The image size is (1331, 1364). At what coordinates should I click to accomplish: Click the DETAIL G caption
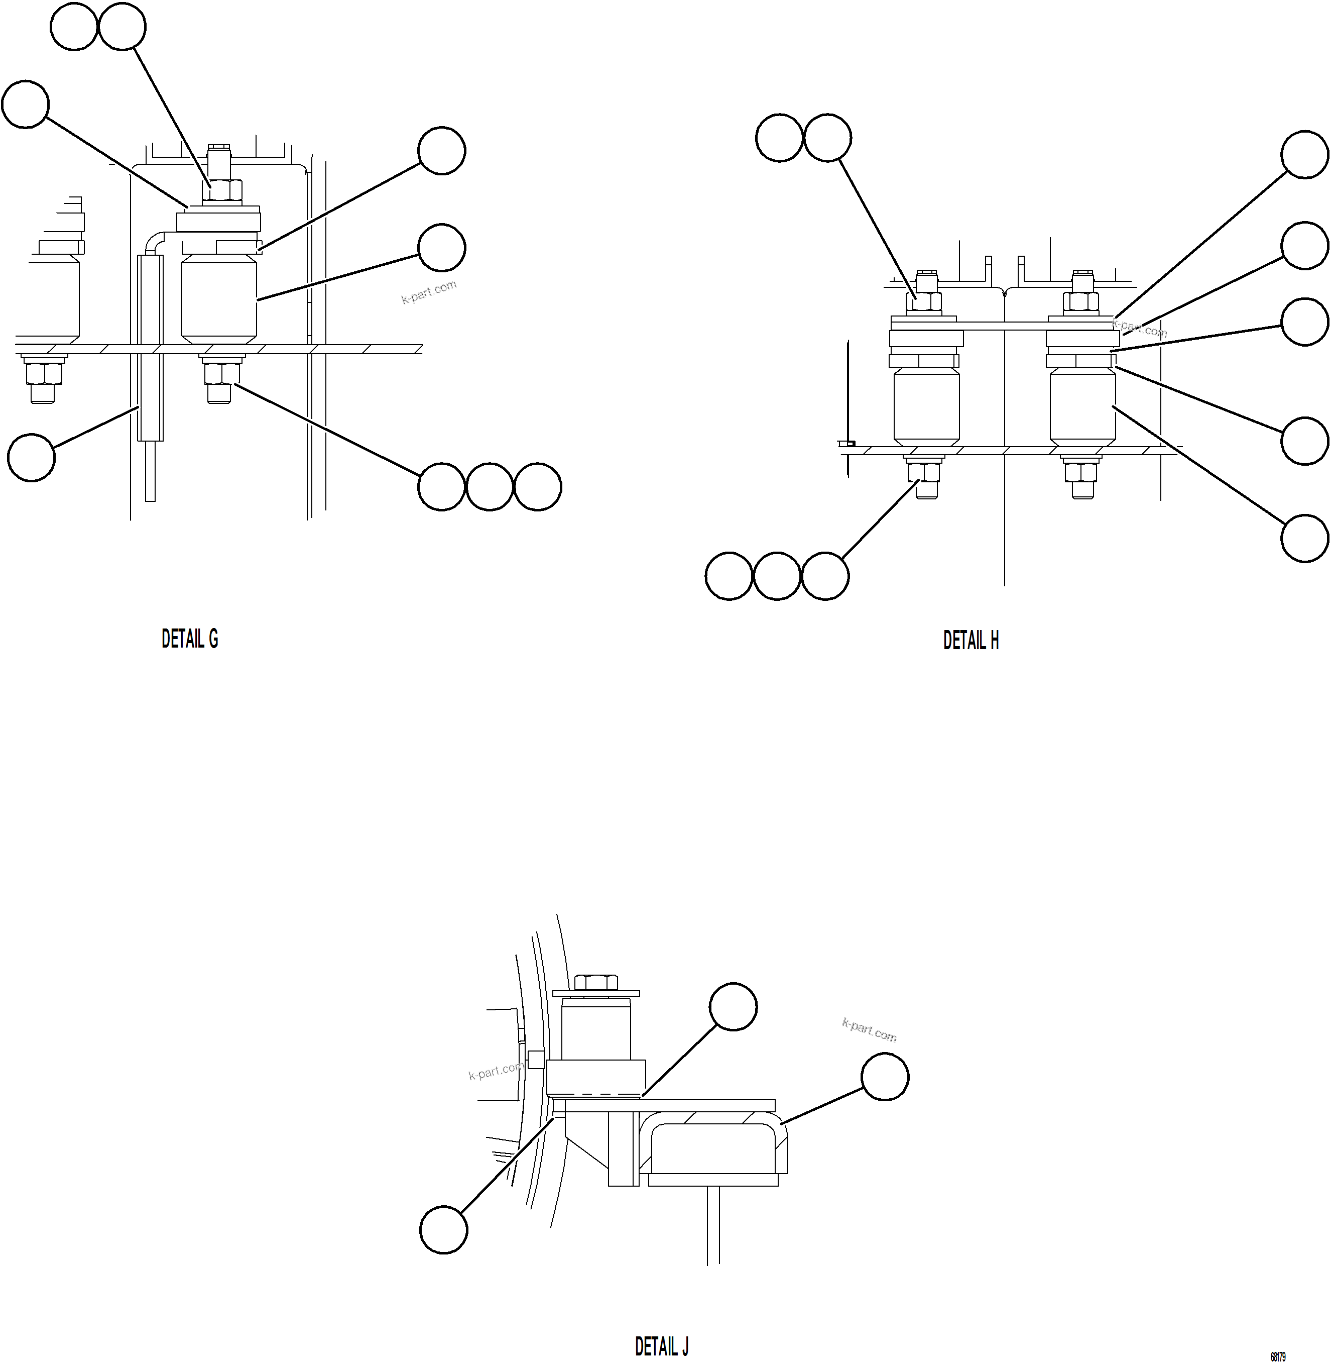click(x=189, y=639)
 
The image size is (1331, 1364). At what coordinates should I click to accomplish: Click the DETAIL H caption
click(x=971, y=640)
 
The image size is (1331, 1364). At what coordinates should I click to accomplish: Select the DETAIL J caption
click(x=661, y=1346)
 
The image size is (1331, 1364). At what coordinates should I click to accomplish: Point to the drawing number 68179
click(x=1277, y=1356)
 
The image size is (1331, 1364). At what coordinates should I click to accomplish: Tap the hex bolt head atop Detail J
click(x=595, y=982)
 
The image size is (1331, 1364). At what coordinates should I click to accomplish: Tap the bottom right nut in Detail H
click(x=1081, y=472)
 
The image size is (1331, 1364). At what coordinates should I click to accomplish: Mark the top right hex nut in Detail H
click(x=1081, y=301)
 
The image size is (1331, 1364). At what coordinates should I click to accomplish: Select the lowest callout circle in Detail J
click(x=443, y=1230)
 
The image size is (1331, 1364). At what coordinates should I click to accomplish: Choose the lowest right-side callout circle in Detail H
click(x=1304, y=538)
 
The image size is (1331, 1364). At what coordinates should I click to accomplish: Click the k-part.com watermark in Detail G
click(x=428, y=292)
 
